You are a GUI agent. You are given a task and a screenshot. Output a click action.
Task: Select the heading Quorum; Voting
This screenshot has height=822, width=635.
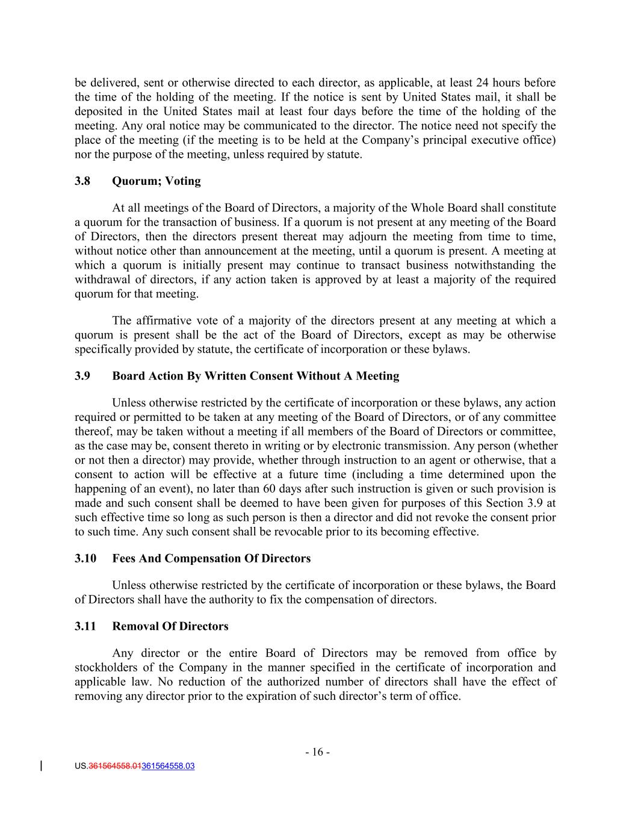(156, 181)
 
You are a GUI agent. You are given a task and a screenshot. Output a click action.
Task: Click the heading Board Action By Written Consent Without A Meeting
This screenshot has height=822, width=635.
(256, 376)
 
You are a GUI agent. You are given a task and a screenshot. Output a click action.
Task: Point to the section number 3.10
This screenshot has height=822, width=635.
(85, 559)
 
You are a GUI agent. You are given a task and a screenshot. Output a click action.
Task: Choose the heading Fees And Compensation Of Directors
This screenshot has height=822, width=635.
(211, 559)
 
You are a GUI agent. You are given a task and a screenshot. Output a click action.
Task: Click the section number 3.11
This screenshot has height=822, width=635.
(85, 627)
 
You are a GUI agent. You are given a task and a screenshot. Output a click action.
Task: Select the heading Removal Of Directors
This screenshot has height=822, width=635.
(170, 627)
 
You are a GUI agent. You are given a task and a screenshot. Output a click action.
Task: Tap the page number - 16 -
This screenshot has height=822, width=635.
(317, 752)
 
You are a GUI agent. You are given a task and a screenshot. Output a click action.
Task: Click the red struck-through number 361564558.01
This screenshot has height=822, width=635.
(114, 767)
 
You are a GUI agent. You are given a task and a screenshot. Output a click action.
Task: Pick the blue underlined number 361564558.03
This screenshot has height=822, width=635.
(168, 767)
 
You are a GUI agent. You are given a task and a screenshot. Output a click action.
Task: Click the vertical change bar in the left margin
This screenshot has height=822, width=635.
(41, 766)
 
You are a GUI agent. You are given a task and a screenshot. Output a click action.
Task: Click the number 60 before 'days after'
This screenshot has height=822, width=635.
(270, 489)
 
